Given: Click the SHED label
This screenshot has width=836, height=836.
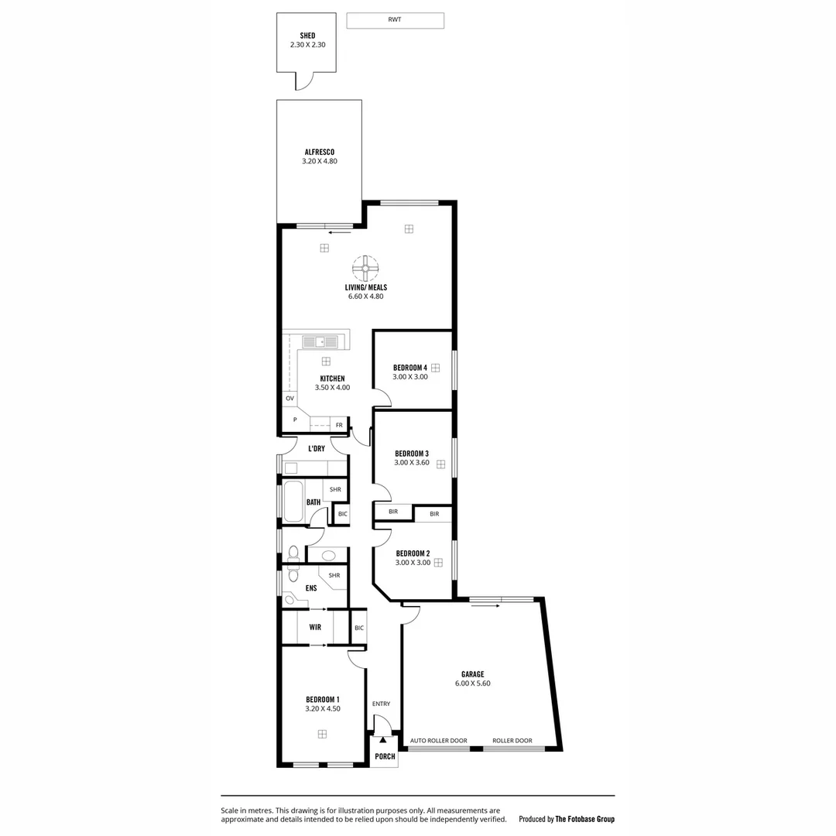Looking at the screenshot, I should pyautogui.click(x=307, y=36).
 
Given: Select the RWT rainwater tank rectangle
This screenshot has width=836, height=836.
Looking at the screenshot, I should pyautogui.click(x=395, y=21).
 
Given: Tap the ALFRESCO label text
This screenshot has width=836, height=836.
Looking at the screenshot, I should pyautogui.click(x=319, y=152).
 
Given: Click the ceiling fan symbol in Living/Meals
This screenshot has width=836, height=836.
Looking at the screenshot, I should pyautogui.click(x=365, y=268).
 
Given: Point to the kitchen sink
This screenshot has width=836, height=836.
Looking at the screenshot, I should pyautogui.click(x=320, y=341).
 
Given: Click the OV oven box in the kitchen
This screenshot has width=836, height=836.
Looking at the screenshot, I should pyautogui.click(x=290, y=399).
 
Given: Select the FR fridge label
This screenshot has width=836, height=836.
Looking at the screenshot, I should pyautogui.click(x=339, y=425).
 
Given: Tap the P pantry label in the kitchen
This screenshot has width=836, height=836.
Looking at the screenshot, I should pyautogui.click(x=294, y=420).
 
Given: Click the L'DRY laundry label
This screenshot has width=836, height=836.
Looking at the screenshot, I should pyautogui.click(x=316, y=448).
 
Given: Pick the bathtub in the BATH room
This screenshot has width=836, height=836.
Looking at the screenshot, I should pyautogui.click(x=293, y=502).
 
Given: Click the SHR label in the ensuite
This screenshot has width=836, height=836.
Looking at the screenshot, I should pyautogui.click(x=334, y=575).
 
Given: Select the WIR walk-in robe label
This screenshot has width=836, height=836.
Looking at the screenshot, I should pyautogui.click(x=315, y=627).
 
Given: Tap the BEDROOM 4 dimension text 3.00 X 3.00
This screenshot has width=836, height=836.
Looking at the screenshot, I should pyautogui.click(x=409, y=377).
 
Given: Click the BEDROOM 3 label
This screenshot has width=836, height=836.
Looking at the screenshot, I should pyautogui.click(x=411, y=453).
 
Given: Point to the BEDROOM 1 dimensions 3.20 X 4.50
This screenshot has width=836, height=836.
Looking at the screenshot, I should pyautogui.click(x=322, y=708).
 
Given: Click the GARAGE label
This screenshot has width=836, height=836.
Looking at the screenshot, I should pyautogui.click(x=472, y=673).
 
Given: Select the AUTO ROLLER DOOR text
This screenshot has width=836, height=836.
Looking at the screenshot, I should pyautogui.click(x=438, y=741).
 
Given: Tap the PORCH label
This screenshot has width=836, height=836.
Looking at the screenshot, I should pyautogui.click(x=385, y=756).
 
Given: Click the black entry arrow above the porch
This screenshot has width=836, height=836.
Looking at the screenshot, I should pyautogui.click(x=382, y=740).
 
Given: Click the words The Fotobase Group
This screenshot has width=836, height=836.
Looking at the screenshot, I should pyautogui.click(x=584, y=819).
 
